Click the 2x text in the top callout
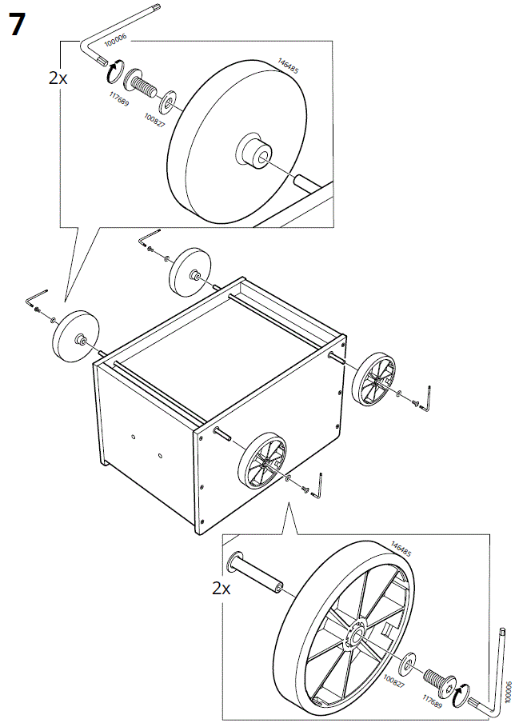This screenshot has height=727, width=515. click(58, 78)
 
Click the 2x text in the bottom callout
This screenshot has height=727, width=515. click(222, 589)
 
